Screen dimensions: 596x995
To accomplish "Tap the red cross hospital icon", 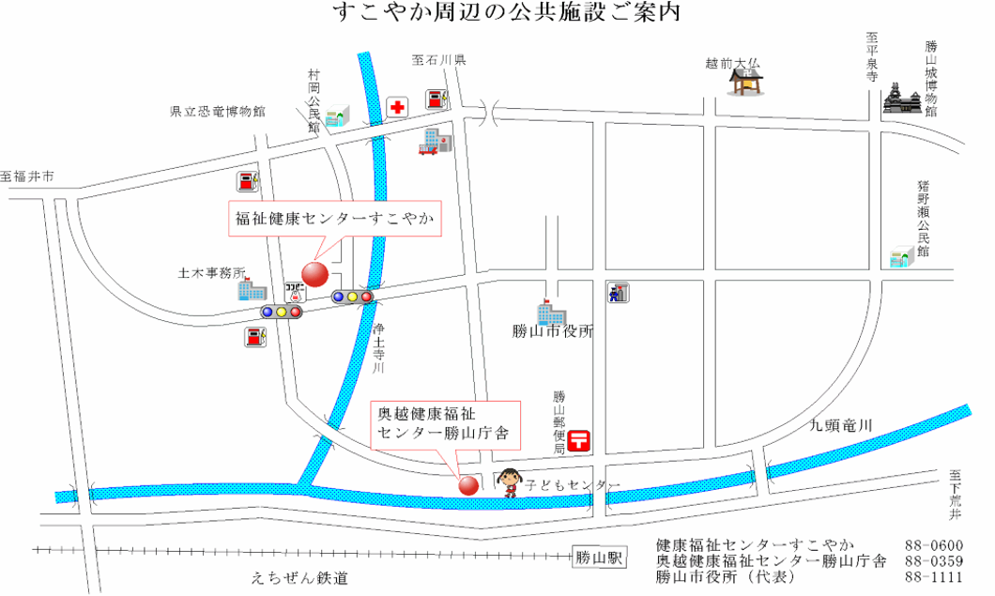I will coord(397,107).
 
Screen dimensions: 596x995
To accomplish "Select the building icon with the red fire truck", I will coord(436,142).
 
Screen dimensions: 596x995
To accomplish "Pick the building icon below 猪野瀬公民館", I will coord(902,256).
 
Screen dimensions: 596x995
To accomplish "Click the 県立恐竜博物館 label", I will coord(218,112).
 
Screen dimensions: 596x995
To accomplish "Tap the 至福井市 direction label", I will coord(27,176).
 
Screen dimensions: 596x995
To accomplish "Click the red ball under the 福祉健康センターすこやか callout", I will coord(314,275).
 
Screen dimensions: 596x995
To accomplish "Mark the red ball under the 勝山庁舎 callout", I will coord(467,485).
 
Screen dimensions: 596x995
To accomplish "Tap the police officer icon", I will coord(618,292).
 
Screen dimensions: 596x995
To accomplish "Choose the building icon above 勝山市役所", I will coord(549,313).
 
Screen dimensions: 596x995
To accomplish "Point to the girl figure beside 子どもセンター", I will coord(510,482).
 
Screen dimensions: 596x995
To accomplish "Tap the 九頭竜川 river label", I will coord(841,426).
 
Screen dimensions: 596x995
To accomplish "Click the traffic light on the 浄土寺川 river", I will coord(353,297).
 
